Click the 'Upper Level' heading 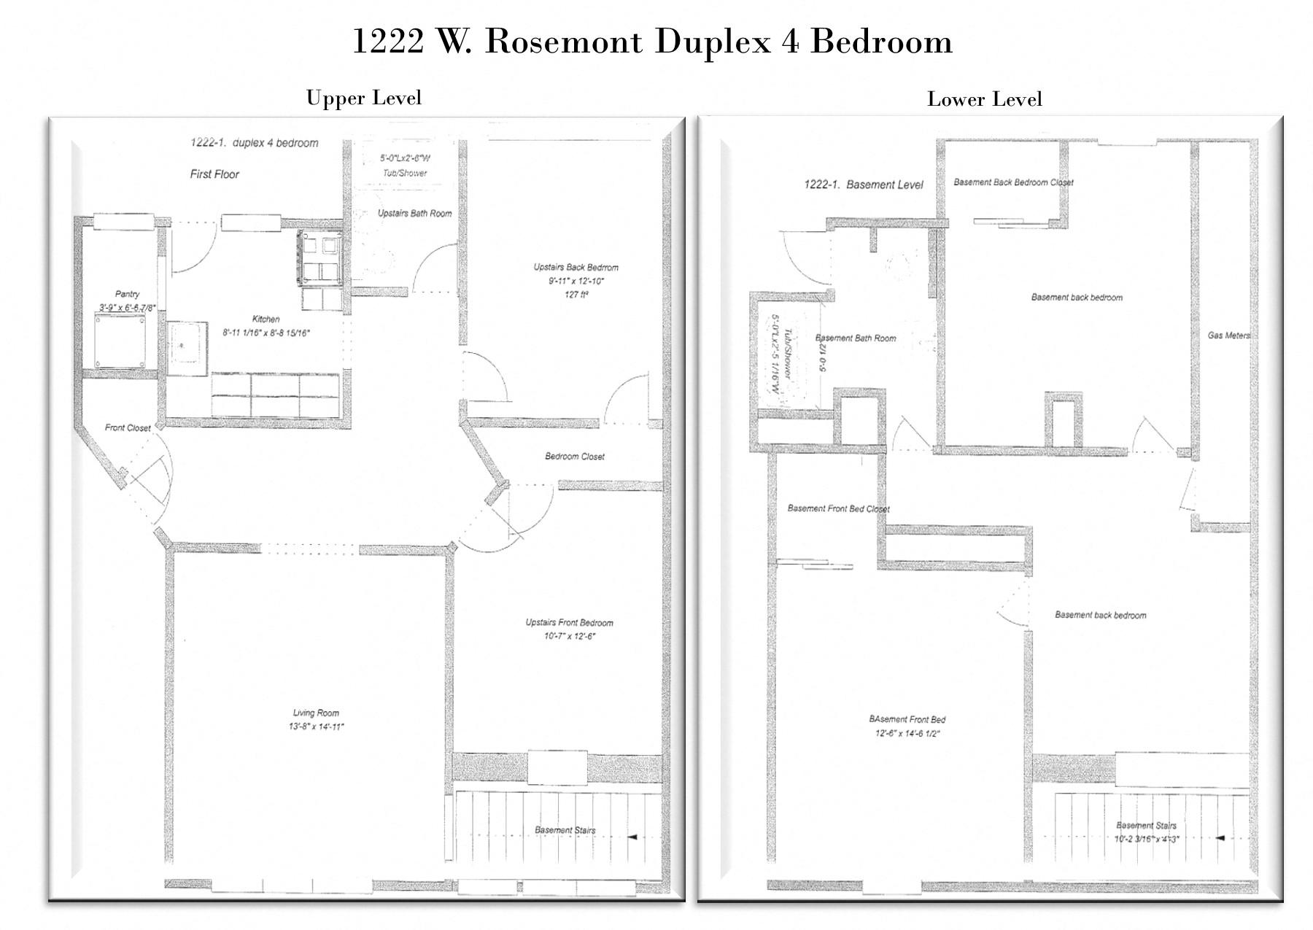click(363, 98)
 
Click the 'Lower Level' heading click(984, 99)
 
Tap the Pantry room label click(127, 294)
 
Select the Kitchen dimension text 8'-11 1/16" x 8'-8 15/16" click(267, 333)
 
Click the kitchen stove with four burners click(319, 257)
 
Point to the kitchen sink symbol click(186, 348)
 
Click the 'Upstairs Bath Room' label click(414, 214)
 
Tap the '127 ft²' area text click(576, 295)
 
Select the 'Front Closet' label click(128, 428)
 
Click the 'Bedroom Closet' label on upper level click(575, 457)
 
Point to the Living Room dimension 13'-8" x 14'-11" click(316, 726)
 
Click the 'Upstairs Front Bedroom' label click(569, 623)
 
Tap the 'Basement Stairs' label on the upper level click(565, 830)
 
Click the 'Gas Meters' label click(1228, 336)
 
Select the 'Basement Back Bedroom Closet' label click(1013, 182)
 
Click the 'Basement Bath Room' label click(856, 338)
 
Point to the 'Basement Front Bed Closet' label click(838, 508)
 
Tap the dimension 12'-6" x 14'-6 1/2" click(907, 734)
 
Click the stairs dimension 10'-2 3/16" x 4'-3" click(1146, 839)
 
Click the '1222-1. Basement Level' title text click(863, 185)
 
